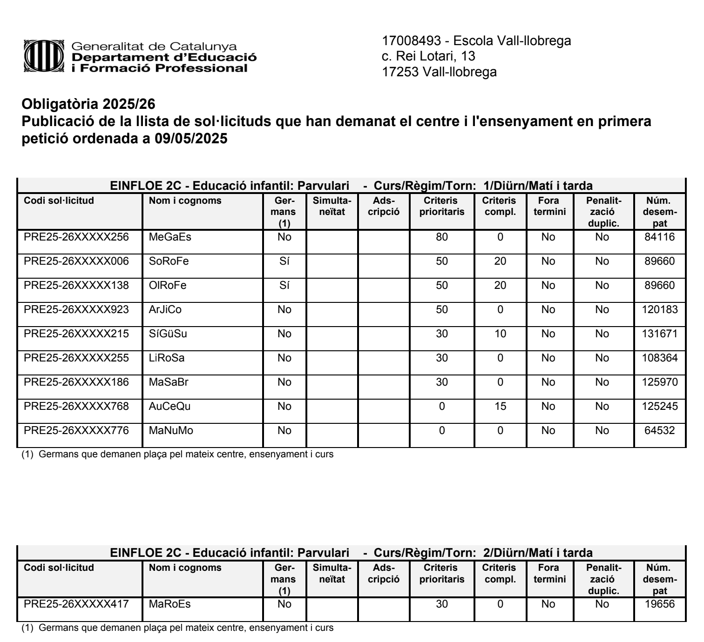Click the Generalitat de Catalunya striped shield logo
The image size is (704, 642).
[43, 57]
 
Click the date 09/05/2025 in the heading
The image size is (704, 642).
[191, 139]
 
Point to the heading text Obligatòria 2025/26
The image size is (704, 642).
[88, 103]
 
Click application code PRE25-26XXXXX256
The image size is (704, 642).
[76, 237]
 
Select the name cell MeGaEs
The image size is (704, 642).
[170, 237]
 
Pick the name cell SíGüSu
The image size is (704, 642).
[168, 334]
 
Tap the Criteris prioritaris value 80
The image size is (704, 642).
[441, 237]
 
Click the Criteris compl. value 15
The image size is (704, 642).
[500, 406]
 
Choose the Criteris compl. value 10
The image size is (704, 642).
[500, 334]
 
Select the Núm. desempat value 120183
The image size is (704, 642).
[659, 309]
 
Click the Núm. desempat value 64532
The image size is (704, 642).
[659, 430]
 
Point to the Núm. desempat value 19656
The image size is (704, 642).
[659, 604]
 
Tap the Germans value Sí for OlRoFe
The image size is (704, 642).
[284, 285]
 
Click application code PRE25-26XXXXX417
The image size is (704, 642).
[76, 604]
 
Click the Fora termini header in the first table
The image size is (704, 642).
[549, 207]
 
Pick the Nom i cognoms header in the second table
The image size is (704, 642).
[185, 568]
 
